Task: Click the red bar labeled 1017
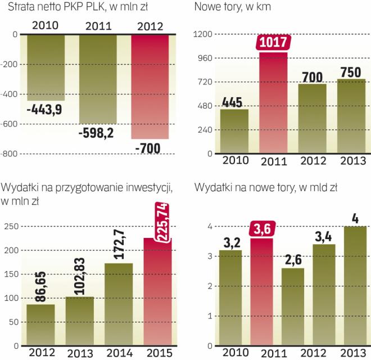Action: click(273, 104)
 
